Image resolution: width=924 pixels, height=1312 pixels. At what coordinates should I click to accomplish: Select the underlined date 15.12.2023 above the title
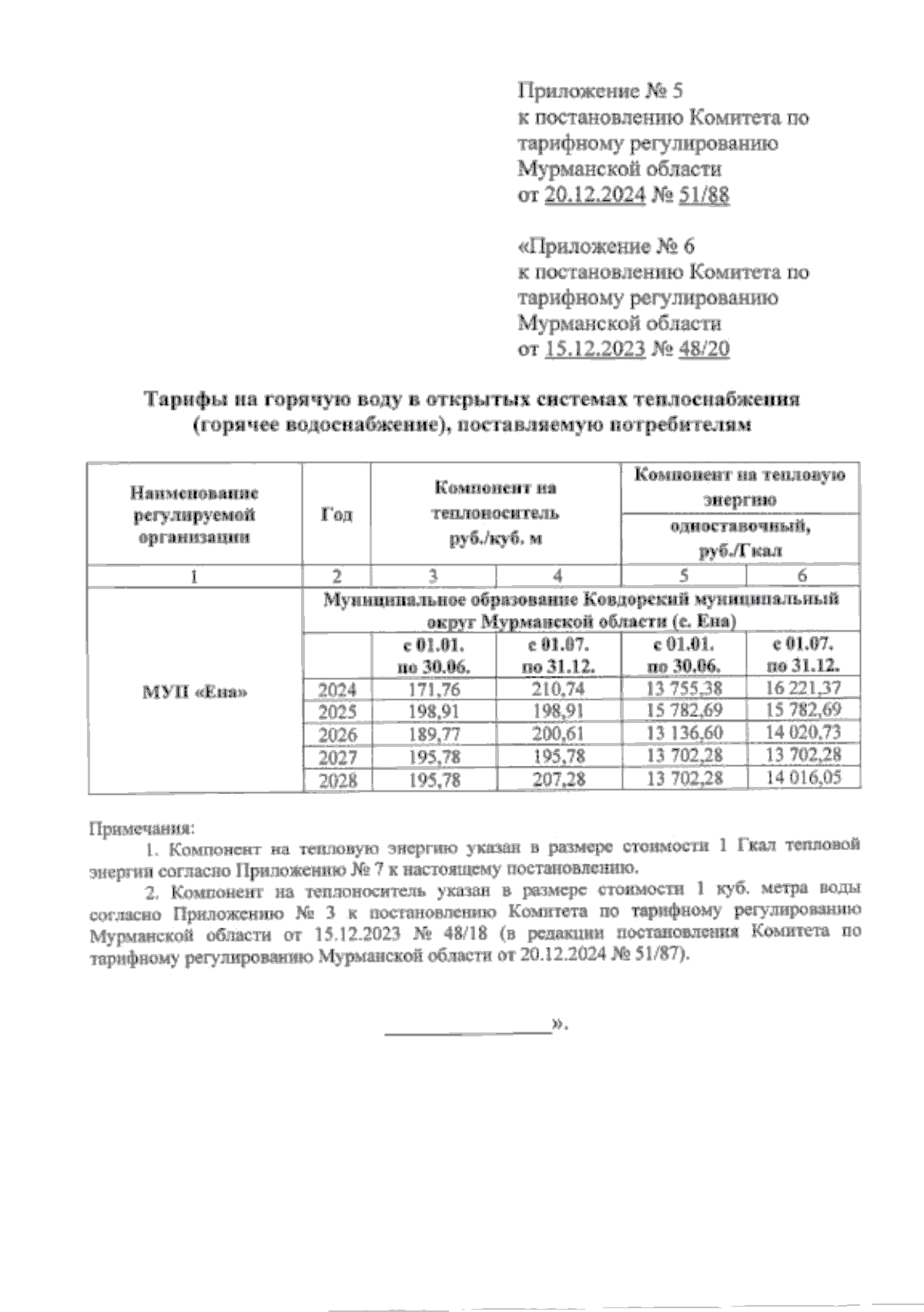(594, 349)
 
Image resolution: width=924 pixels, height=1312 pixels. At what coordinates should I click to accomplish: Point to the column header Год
(336, 514)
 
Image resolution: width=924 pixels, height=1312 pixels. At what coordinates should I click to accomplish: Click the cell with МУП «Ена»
(196, 691)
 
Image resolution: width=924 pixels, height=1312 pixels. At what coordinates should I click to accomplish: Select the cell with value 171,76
(434, 688)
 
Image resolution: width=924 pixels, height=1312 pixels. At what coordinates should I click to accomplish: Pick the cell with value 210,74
(558, 688)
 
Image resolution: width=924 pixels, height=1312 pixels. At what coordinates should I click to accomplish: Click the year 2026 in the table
(337, 734)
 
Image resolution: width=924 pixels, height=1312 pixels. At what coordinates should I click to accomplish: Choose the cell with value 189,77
(434, 733)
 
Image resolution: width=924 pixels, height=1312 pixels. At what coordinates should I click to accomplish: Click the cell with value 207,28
(558, 779)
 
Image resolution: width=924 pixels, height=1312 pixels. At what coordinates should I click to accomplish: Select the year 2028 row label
(337, 780)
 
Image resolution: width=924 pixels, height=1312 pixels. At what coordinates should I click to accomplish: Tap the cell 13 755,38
(684, 688)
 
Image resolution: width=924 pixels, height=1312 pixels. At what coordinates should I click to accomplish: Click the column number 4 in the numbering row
(558, 575)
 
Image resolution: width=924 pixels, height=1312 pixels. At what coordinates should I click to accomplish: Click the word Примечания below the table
(142, 829)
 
